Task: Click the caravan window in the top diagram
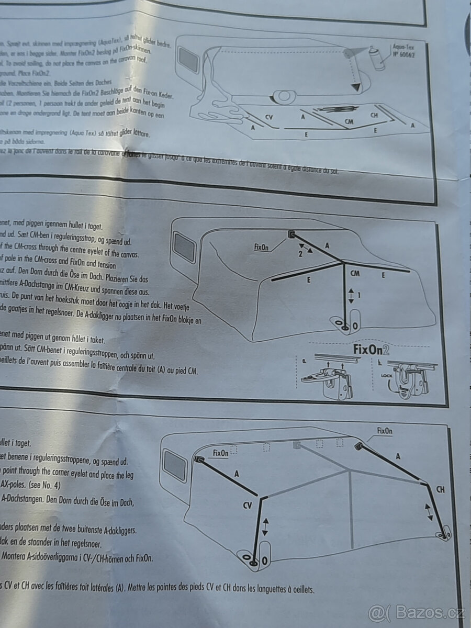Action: (x=188, y=60)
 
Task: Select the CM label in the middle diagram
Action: (x=355, y=273)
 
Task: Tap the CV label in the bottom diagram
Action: (x=248, y=506)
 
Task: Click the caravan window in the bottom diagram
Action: (x=175, y=465)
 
